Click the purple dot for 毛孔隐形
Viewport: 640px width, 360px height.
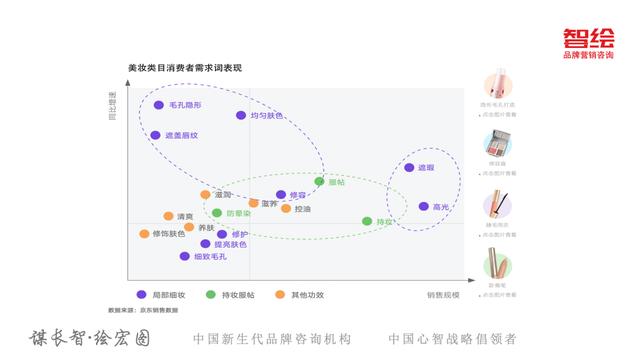coord(158,104)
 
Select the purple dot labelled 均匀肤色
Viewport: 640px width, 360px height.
coord(241,115)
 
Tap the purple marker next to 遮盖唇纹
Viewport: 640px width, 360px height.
coord(155,135)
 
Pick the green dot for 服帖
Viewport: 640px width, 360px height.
coord(320,182)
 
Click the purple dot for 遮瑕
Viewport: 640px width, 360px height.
coord(409,168)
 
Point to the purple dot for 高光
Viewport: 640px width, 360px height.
coord(423,207)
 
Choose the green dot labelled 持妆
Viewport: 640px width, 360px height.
coord(367,221)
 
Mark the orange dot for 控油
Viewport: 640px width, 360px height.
coord(286,209)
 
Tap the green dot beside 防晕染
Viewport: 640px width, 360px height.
coord(217,213)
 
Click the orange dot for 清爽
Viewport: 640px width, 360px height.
coord(168,216)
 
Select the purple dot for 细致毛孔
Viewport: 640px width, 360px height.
coord(185,256)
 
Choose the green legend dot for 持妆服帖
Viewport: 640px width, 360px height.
coord(210,295)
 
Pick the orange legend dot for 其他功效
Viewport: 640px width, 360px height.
coord(281,295)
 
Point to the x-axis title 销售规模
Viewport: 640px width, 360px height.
coord(443,295)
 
